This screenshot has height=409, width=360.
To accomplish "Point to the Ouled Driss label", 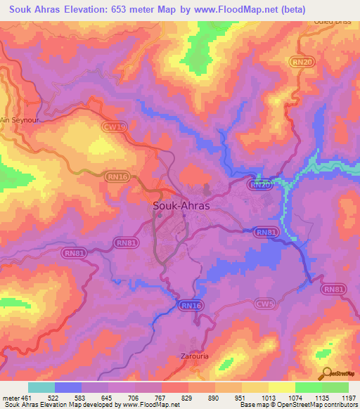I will pos(328,22).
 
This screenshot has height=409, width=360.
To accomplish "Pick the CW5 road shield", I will pos(264,304).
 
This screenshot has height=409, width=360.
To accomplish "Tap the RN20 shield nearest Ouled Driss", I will pos(301,63).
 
